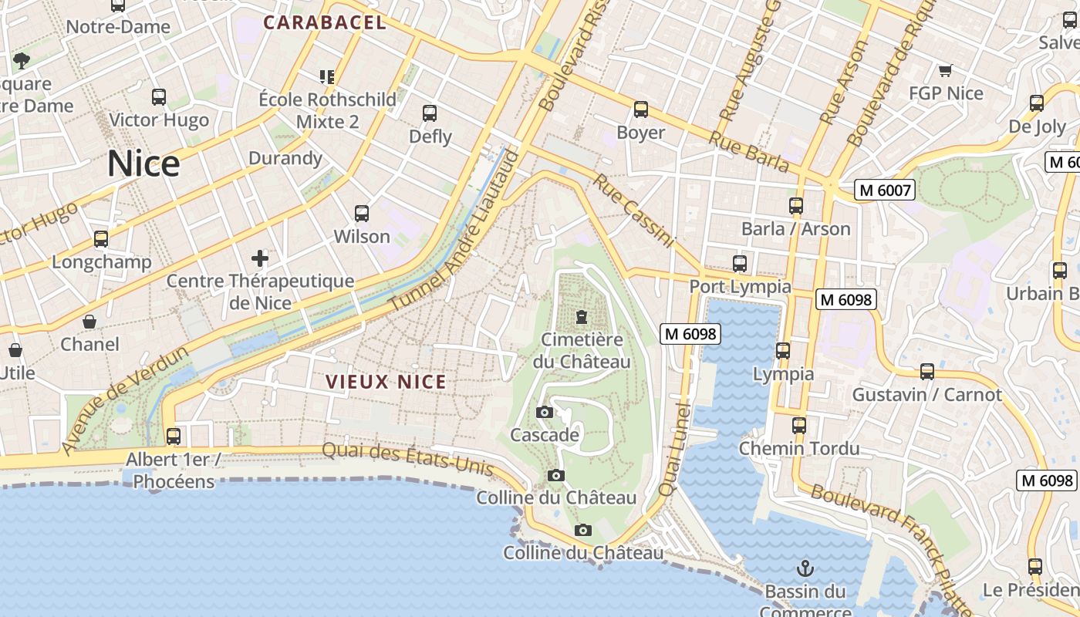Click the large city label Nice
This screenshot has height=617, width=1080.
coord(143,164)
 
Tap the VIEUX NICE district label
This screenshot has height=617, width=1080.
coord(386,382)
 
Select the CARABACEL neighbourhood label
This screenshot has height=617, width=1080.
coord(325,22)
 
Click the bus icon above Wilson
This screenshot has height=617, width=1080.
coord(361,214)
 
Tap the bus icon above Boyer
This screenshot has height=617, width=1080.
coord(640,110)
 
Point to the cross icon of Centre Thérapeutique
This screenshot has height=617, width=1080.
coord(260,258)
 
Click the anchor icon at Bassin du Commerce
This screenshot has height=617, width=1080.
coord(805,569)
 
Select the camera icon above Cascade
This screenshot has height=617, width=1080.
coord(544,413)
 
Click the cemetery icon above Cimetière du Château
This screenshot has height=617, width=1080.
coord(581,317)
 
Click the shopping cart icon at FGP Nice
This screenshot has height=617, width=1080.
coord(945,71)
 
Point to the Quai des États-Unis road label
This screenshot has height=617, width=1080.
coord(407,458)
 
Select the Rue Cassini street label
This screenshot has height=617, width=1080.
coord(633,211)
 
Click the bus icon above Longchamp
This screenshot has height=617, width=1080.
coord(101,239)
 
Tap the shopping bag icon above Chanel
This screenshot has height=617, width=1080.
coord(89,322)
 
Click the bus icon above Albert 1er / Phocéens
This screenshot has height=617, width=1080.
coord(173,437)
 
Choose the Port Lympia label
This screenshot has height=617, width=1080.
coord(740,287)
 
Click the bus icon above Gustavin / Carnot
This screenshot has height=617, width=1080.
coord(926,372)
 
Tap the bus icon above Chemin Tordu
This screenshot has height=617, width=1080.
coord(798,425)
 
